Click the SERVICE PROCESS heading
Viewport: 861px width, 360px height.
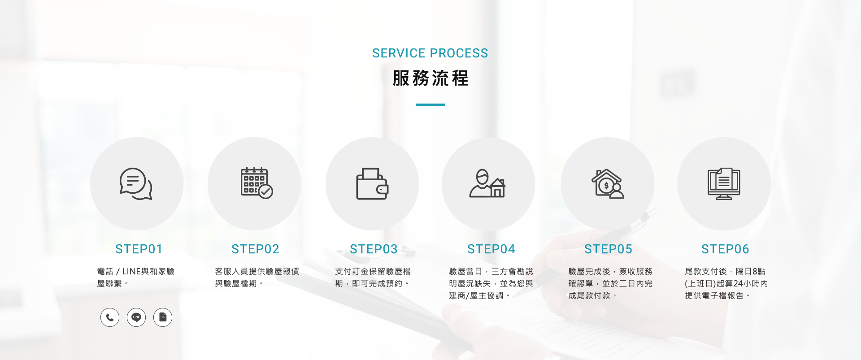430,53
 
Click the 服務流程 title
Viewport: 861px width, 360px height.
430,78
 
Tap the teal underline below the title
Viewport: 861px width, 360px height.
430,105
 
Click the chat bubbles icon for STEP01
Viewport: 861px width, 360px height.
136,184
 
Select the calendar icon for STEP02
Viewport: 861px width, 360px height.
257,183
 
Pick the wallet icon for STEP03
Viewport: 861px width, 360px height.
372,184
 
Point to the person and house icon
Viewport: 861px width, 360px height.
487,183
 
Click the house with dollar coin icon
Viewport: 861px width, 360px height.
608,184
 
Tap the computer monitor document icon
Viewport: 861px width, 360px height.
724,184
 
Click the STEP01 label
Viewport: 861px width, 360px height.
139,249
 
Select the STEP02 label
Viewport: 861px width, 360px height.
256,249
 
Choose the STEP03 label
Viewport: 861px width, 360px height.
374,249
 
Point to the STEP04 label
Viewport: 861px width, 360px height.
491,249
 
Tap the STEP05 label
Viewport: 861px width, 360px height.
609,249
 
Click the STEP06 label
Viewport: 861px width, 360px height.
726,249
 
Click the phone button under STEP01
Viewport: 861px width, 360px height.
110,317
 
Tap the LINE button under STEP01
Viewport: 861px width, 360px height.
136,317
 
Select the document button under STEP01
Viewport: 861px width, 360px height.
163,317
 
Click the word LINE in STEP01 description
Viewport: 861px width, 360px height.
131,272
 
